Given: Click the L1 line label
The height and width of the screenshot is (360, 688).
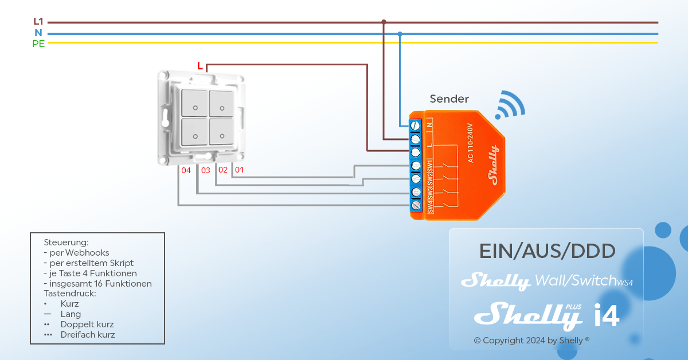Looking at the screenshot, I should pos(38,22).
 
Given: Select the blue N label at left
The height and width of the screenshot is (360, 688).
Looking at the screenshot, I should pos(38,33).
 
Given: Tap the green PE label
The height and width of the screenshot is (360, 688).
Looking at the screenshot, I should pos(38,44).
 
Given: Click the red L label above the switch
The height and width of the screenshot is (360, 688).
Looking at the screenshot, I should pos(200,66).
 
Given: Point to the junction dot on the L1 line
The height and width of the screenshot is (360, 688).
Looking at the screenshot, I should pos(384,22).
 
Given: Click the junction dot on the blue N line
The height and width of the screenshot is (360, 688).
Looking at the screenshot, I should pos(400,34).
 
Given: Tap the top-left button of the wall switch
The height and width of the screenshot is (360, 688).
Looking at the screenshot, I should pos(195,103).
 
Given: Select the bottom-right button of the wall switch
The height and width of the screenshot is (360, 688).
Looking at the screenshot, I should pos(221,131).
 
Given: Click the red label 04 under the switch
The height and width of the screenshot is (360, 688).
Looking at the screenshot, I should pos(186,170).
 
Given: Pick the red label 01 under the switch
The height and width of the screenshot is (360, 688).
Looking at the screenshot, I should pos(239,170).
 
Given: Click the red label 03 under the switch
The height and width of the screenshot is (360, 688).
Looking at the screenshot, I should pos(205,170).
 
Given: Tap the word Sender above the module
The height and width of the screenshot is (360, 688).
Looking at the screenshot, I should pos(449,99).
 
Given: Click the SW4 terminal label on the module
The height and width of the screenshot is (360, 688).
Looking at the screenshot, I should pos(430,206).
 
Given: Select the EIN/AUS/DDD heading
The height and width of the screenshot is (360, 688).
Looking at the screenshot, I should pos(547,251).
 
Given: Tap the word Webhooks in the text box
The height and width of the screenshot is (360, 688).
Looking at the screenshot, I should pos(87,252).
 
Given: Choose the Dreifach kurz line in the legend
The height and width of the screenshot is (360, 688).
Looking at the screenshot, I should pos(87,335).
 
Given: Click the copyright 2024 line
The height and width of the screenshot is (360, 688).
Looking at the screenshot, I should pos(531,341).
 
